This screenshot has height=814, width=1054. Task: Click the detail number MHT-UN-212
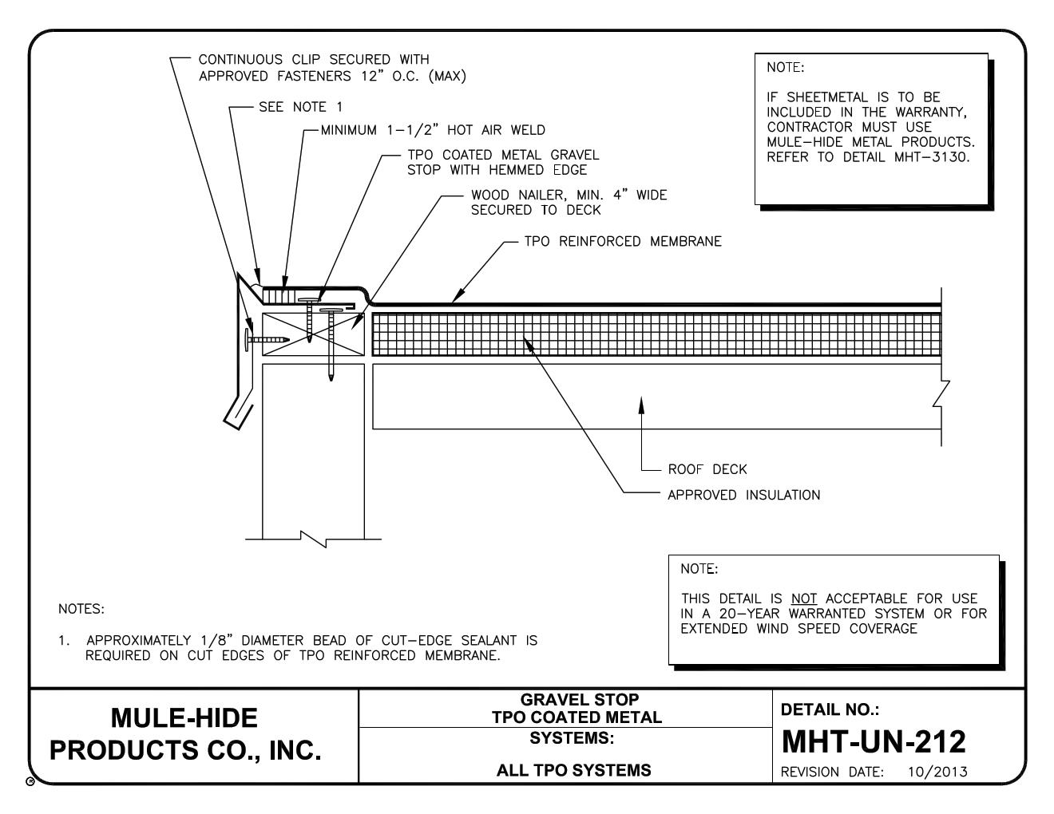(x=874, y=741)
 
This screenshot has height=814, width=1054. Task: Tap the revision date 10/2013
(x=937, y=772)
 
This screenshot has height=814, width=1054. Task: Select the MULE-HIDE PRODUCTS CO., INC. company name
(x=185, y=734)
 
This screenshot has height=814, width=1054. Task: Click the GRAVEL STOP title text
(x=579, y=700)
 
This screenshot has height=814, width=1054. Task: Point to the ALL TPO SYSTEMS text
(x=574, y=770)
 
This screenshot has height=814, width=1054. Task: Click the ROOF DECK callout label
(x=707, y=469)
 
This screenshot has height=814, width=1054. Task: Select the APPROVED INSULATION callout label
(x=744, y=495)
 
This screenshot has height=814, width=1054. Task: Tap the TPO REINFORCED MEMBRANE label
(x=623, y=242)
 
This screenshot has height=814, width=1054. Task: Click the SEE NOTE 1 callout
(x=301, y=107)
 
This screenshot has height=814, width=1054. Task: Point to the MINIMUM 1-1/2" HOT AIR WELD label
(x=433, y=130)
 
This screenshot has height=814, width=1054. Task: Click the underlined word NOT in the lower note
(x=804, y=599)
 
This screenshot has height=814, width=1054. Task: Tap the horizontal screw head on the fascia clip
(x=248, y=339)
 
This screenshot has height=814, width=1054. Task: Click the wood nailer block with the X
(x=313, y=334)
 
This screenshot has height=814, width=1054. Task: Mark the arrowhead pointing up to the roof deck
(x=641, y=405)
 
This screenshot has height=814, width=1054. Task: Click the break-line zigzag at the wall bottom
(x=313, y=539)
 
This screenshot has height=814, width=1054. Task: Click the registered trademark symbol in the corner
(x=30, y=781)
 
